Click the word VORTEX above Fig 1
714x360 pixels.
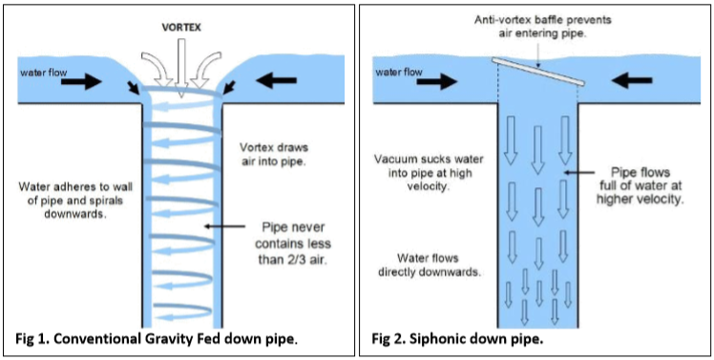[181, 28]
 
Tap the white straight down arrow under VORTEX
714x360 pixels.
[180, 69]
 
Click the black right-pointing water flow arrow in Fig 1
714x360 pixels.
[81, 81]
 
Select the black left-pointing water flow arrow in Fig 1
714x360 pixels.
[277, 80]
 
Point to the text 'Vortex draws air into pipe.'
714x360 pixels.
[274, 154]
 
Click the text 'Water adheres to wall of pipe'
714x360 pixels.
[77, 193]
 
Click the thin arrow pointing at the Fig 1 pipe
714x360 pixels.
[225, 226]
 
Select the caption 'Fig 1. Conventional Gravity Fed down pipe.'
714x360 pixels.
[157, 340]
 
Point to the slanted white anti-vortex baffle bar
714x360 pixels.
[537, 72]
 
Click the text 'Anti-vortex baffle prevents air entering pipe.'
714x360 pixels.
[536, 27]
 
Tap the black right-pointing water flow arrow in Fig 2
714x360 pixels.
[436, 81]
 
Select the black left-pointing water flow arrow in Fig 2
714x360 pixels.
[632, 80]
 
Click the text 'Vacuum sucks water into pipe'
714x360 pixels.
[429, 166]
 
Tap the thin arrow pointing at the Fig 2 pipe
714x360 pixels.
[578, 172]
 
